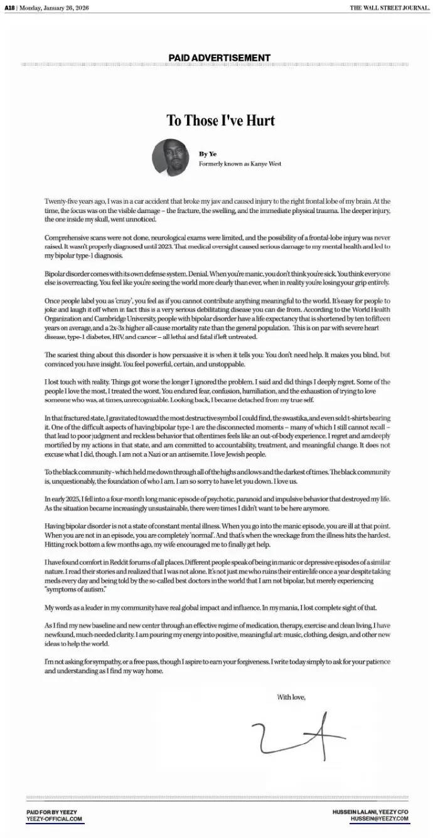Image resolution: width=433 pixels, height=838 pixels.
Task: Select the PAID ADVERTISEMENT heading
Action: (219, 58)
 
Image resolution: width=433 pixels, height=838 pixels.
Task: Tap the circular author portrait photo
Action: (171, 157)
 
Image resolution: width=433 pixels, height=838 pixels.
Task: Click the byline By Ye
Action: (207, 154)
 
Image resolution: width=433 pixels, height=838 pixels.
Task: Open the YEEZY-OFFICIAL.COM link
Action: (55, 819)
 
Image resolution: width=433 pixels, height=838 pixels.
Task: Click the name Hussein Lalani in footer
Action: (355, 812)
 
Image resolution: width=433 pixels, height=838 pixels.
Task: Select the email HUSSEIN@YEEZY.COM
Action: (379, 819)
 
